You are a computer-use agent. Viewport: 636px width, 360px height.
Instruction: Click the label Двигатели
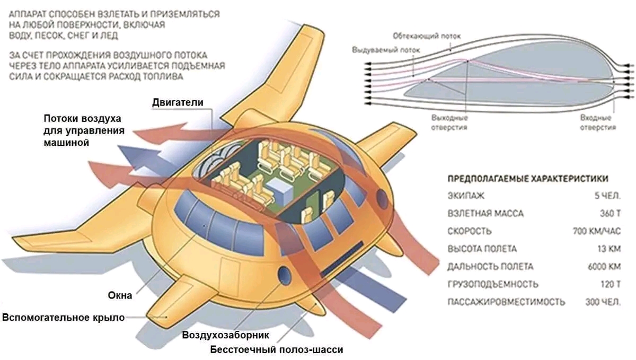[178, 102]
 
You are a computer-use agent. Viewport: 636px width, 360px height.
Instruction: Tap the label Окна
[119, 295]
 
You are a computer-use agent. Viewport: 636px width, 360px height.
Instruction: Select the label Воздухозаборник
[226, 335]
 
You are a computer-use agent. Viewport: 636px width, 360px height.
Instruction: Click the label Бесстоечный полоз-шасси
[276, 350]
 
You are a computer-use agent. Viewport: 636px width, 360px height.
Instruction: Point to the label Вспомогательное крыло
[64, 318]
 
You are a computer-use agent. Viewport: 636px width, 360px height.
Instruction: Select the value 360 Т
[607, 214]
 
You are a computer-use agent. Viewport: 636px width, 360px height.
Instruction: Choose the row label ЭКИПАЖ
[466, 196]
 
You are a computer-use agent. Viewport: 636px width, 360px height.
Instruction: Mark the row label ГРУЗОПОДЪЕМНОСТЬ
[485, 285]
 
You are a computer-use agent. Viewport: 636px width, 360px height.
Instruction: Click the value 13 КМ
[608, 249]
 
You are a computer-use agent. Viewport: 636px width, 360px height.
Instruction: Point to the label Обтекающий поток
[427, 36]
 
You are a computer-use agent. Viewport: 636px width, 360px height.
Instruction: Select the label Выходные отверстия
[449, 122]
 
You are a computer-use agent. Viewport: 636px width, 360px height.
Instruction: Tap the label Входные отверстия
[597, 122]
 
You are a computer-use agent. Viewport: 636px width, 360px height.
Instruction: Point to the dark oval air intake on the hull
[285, 276]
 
